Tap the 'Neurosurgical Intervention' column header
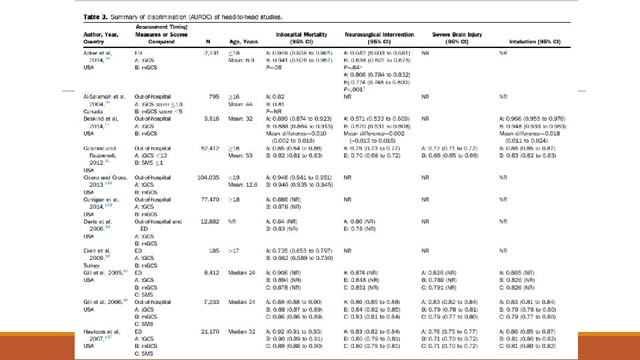coord(379,34)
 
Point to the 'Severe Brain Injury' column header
coord(457,34)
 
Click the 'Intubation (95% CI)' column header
coord(535,41)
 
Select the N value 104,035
coord(210,178)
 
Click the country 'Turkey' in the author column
coord(92,265)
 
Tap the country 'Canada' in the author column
coord(93,111)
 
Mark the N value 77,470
coord(211,199)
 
